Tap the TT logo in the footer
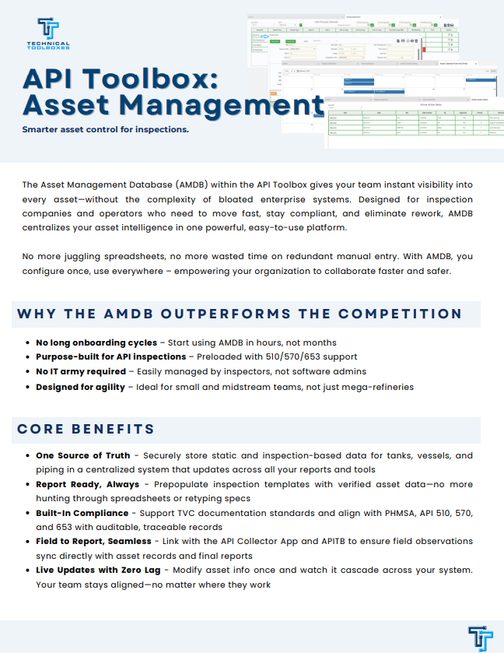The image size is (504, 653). pos(480,637)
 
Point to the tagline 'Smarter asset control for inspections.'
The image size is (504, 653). pos(106,129)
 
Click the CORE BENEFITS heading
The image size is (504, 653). pos(86,429)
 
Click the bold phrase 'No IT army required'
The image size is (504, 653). pos(80,372)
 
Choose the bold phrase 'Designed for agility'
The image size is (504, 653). pos(80,387)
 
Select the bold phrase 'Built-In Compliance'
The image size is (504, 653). pos(82,514)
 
